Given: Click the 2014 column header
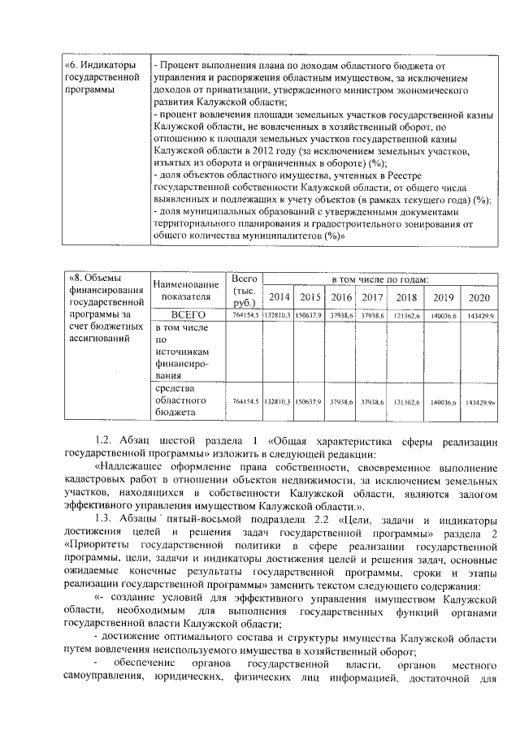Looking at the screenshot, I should (279, 296).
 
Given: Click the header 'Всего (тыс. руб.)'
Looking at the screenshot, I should (244, 290).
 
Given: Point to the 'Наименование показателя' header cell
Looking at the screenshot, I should (186, 290).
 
